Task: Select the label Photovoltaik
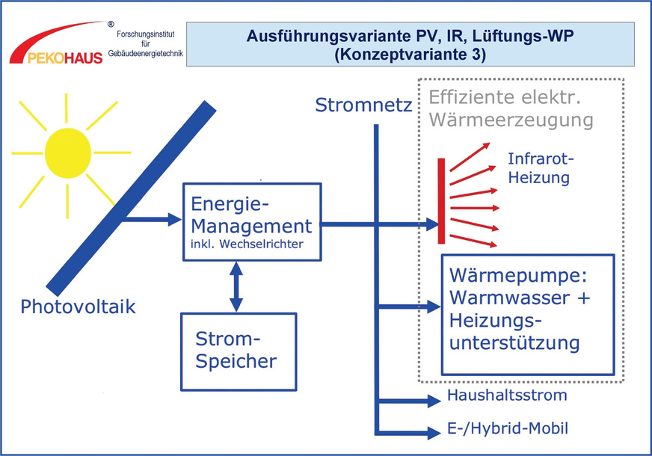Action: point(79,306)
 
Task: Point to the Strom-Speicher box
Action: point(237,351)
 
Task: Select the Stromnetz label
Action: point(363,104)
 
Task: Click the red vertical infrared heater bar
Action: point(442,200)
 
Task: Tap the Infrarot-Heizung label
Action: point(538,168)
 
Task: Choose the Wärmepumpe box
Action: point(528,314)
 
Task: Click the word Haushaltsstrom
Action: point(507,395)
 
